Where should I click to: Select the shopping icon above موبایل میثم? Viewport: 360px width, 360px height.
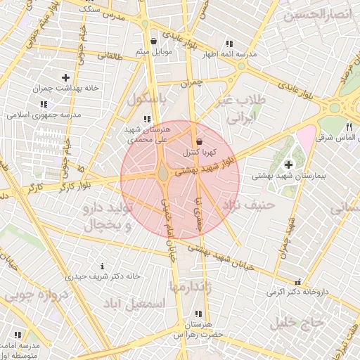tap(153, 41)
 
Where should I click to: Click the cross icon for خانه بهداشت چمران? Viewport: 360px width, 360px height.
tap(66, 77)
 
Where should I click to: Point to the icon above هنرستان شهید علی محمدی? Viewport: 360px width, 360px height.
tap(146, 120)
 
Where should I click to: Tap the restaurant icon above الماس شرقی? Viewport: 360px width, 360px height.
tap(349, 127)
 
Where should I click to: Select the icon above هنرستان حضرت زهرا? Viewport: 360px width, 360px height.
tap(198, 314)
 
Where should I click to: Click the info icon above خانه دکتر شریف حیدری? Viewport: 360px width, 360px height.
tap(103, 266)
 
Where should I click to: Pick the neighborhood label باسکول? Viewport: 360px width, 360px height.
tap(146, 101)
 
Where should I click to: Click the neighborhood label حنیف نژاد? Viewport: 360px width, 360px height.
tap(247, 205)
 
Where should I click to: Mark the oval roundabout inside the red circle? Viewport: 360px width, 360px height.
tap(164, 172)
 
